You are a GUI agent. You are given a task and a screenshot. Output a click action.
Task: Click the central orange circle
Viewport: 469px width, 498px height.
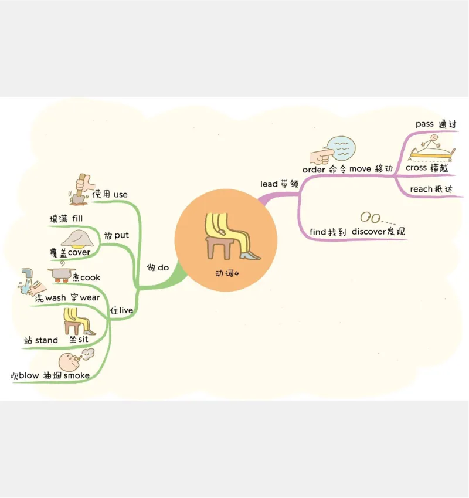(226, 240)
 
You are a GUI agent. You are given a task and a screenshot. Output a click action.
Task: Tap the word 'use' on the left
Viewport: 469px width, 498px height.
(121, 195)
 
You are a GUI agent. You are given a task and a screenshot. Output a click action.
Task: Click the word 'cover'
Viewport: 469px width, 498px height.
(79, 252)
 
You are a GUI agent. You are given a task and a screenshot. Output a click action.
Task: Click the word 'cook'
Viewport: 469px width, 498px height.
(90, 277)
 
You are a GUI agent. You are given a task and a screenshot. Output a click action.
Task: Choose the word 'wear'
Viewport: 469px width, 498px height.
(90, 298)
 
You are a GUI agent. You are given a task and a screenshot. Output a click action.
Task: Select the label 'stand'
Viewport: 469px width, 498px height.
(46, 340)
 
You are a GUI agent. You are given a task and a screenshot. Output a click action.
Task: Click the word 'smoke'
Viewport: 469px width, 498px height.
(77, 375)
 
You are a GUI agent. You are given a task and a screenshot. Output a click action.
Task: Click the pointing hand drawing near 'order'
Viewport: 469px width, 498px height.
(319, 155)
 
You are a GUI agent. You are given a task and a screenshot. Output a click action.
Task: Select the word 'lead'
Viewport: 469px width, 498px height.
(270, 184)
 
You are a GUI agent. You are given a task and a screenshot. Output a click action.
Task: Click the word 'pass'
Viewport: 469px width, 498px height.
(424, 124)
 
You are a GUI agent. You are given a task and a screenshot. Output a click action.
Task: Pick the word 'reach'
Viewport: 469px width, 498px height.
(420, 189)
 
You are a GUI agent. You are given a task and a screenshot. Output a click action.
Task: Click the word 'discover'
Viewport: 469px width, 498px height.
(369, 232)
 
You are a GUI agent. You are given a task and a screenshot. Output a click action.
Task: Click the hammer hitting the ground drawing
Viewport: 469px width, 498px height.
(79, 189)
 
